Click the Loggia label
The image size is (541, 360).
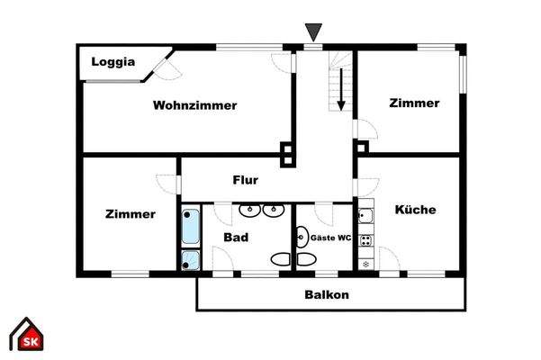[x=113, y=62]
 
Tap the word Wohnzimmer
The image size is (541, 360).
[x=194, y=105]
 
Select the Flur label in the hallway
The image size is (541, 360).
[x=246, y=180]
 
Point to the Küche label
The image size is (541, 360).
[x=415, y=210]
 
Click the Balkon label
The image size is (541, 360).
[x=326, y=294]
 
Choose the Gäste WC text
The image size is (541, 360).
[x=330, y=238]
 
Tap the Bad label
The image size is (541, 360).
[x=236, y=238]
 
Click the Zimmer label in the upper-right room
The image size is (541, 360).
[x=414, y=103]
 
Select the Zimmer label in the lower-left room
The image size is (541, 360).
[x=130, y=214]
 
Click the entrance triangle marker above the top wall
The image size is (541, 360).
[x=312, y=33]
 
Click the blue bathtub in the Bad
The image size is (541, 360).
[x=191, y=228]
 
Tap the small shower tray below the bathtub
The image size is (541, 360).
[x=190, y=261]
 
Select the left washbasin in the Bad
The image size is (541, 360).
[x=249, y=212]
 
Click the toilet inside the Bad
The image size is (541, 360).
[x=282, y=260]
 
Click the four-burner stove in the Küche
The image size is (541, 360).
[x=365, y=240]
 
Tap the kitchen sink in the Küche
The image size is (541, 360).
[x=365, y=217]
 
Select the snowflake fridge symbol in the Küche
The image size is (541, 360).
[x=365, y=263]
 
